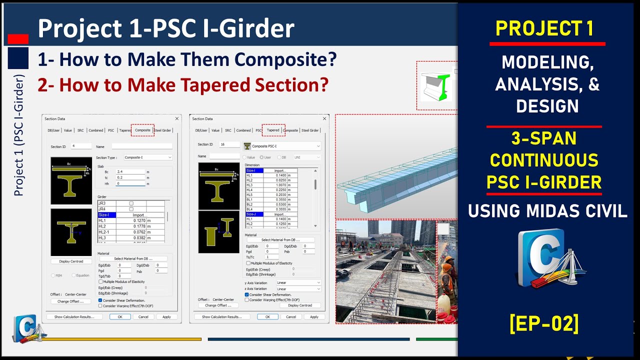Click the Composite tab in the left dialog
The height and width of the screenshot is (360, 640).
(x=142, y=130)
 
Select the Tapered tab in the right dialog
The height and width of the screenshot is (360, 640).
(x=273, y=130)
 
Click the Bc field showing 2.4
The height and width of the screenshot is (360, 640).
(x=130, y=171)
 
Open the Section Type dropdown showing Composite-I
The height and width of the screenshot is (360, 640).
(x=148, y=157)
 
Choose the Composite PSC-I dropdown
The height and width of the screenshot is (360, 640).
(x=282, y=146)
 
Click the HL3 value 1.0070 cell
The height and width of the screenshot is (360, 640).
(x=279, y=185)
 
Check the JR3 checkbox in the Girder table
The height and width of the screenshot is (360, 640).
(x=131, y=203)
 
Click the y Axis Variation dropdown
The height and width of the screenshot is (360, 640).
(x=298, y=282)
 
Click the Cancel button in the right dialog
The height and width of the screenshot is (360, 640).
(x=291, y=317)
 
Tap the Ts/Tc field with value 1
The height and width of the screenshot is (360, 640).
(x=272, y=257)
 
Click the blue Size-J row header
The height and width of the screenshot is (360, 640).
(x=253, y=214)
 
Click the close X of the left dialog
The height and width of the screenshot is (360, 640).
(x=176, y=119)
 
